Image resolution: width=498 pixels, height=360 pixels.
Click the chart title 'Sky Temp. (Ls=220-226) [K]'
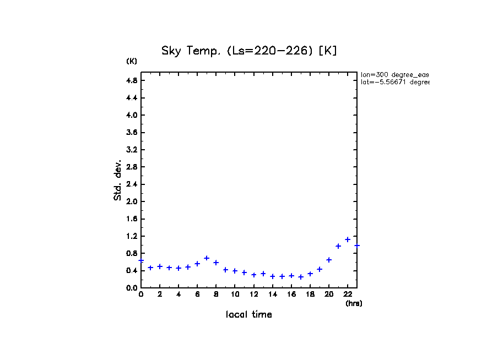tap(249, 51)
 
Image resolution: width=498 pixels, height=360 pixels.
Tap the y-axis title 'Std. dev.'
tap(118, 180)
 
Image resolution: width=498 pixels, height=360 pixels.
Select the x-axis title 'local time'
tap(249, 315)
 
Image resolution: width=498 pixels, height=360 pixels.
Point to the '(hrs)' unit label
tap(354, 303)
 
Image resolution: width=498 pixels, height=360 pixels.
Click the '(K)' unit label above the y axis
tap(132, 61)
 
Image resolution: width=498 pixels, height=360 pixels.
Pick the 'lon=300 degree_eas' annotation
tap(394, 74)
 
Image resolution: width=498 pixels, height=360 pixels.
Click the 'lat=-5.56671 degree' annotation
tap(394, 82)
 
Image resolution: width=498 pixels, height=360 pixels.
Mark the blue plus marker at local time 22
tap(348, 239)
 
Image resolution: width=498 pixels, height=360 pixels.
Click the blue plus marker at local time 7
tap(207, 258)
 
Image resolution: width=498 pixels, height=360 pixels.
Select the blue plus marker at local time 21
tap(338, 246)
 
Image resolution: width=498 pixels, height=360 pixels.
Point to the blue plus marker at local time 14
tap(273, 276)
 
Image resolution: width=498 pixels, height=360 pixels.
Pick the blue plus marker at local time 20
tap(329, 260)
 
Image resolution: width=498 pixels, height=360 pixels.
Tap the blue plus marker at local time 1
tap(150, 268)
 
